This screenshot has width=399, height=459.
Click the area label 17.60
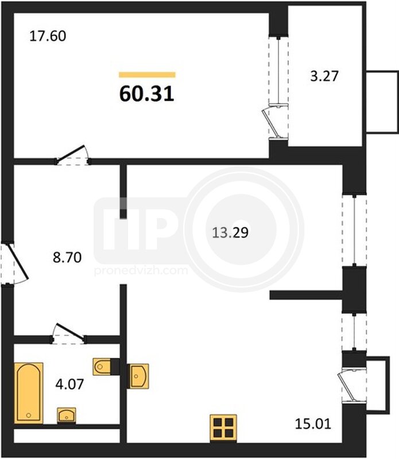48,36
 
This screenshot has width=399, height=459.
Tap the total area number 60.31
147,94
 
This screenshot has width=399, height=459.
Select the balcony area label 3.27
324,76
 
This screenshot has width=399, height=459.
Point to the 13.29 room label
230,233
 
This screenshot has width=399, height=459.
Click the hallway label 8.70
67,258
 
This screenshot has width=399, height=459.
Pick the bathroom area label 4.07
69,384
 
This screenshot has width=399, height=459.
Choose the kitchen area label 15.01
313,424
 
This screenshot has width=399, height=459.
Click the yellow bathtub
29,393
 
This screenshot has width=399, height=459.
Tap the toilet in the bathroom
102,366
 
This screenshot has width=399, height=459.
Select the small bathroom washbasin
67,415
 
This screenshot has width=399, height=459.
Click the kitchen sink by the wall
139,376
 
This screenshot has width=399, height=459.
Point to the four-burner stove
223,427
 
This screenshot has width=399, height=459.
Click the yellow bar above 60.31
147,75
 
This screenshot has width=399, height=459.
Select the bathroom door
68,333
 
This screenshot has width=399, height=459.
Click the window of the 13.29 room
354,231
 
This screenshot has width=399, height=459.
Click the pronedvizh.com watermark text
141,270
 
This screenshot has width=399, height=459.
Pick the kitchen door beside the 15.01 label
354,387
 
